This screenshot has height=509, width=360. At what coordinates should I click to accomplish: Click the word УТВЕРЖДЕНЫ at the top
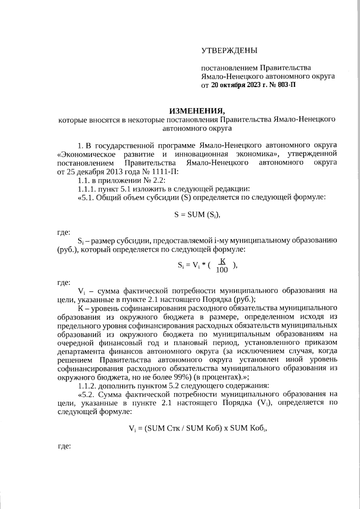(229, 50)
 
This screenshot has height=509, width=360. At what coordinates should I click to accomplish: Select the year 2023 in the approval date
(254, 85)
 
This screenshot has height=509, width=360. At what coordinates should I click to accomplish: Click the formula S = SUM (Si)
(197, 215)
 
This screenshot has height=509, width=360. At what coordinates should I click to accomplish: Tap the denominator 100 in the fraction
(222, 270)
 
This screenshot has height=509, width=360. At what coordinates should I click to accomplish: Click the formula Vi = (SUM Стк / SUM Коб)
(197, 428)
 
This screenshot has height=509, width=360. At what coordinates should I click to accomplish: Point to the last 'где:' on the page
(64, 446)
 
